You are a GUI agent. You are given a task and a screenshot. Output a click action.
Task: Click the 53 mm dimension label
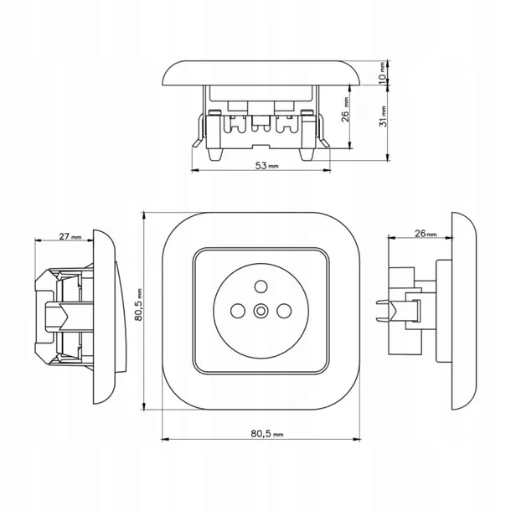266,166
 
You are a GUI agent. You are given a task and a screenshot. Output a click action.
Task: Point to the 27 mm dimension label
70,236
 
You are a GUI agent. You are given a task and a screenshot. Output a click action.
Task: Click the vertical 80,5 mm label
139,305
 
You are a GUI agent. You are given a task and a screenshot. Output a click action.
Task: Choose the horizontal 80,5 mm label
267,434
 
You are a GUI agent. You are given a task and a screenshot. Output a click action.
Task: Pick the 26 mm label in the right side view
426,234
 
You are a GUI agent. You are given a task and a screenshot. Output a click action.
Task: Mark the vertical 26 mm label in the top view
345,110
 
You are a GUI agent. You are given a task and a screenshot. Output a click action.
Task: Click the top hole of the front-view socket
261,286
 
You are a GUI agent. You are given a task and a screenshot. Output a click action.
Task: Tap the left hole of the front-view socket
237,311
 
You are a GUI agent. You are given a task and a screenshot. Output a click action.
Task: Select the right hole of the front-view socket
284,311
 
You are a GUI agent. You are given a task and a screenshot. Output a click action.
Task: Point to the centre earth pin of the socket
261,311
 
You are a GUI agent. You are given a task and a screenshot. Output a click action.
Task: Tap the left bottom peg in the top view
215,154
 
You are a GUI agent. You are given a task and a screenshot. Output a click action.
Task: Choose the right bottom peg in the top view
307,154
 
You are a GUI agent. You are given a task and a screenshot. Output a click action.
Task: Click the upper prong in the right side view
383,302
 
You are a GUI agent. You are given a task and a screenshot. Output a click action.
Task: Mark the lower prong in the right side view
383,319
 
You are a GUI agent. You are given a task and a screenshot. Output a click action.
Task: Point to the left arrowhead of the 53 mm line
195,170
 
